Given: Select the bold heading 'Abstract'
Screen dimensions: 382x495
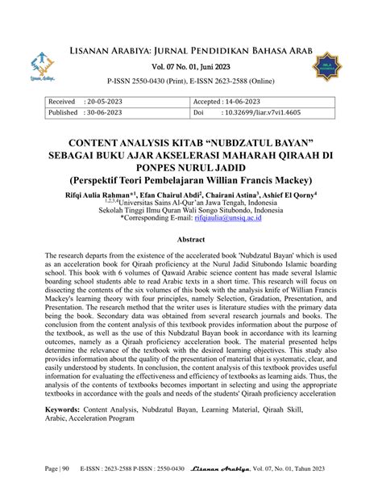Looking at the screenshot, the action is click(x=190, y=239).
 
